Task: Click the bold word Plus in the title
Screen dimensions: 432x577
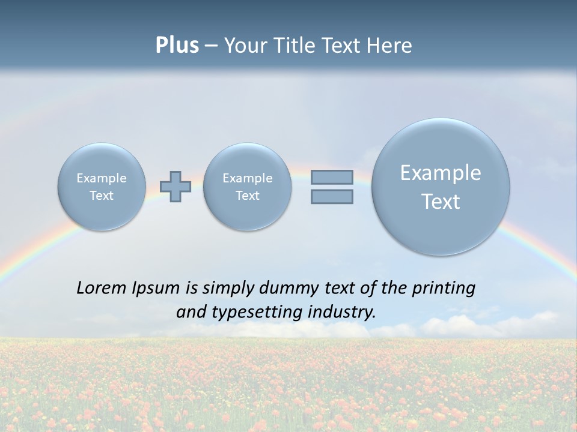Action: click(x=177, y=46)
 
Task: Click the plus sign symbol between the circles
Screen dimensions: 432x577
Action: click(x=176, y=187)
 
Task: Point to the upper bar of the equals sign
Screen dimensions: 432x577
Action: click(x=332, y=177)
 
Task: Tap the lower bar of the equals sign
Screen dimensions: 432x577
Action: click(x=332, y=196)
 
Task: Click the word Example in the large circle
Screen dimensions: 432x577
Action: click(x=441, y=173)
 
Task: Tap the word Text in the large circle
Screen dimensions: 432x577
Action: click(x=441, y=202)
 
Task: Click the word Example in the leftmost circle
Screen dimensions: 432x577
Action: click(x=102, y=178)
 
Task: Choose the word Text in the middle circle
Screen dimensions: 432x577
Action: click(x=247, y=196)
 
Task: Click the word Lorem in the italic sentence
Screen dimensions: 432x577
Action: click(x=101, y=288)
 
